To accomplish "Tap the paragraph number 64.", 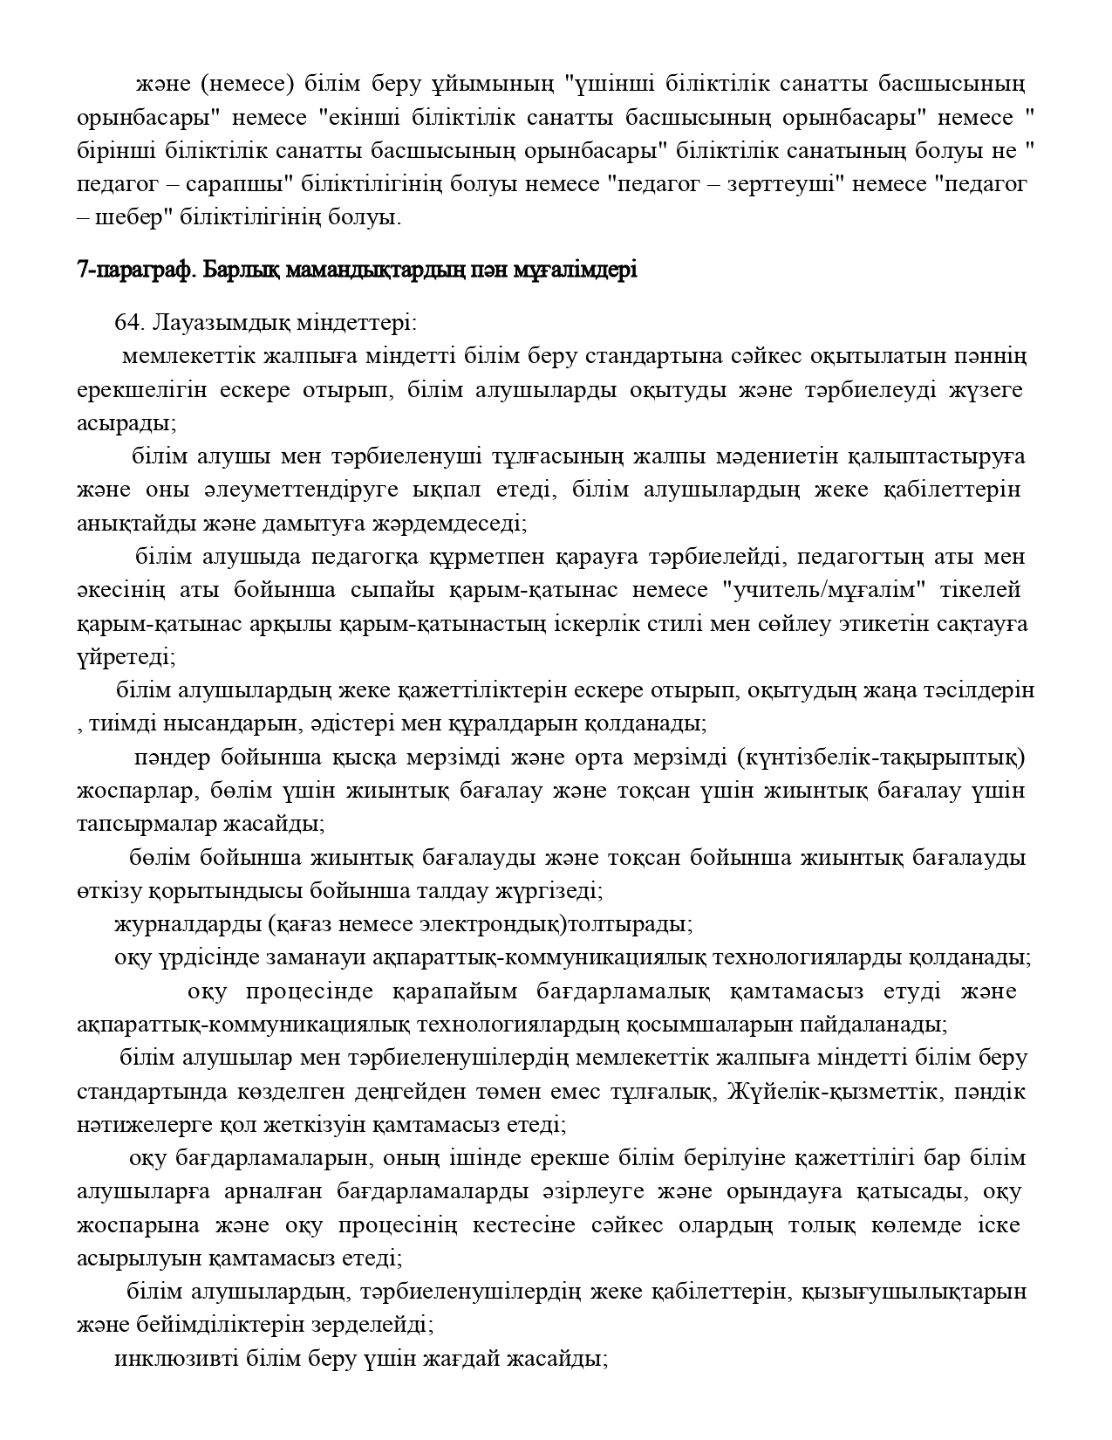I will coord(129,322).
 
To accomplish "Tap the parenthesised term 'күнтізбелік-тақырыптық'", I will coord(881,757).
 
